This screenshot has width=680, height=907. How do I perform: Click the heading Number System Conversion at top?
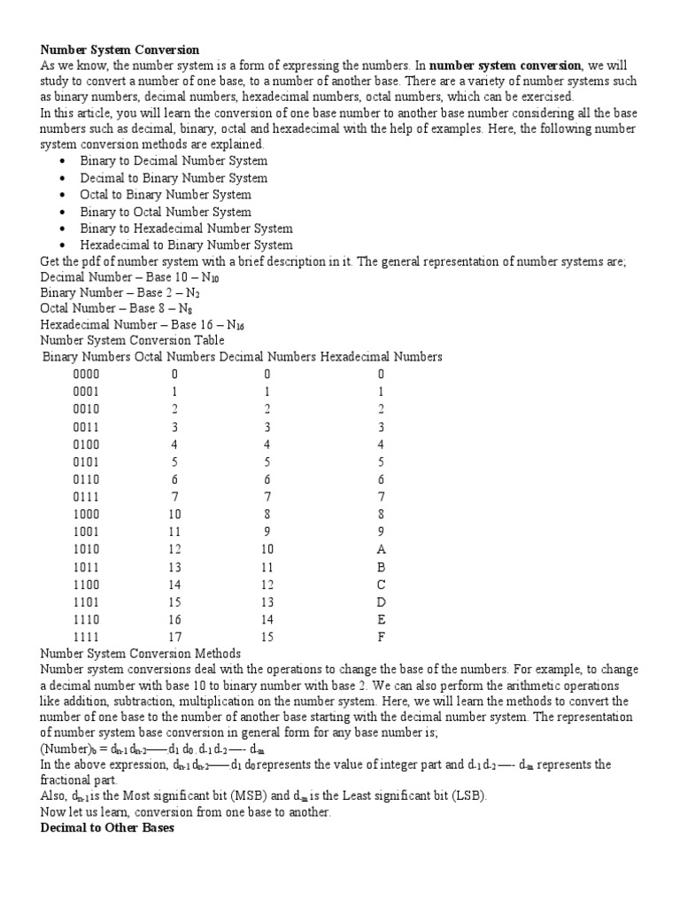120,50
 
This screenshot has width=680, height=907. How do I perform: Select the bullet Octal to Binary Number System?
166,195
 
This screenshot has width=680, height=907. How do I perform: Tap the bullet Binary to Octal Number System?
166,212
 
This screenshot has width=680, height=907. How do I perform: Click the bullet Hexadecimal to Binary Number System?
186,245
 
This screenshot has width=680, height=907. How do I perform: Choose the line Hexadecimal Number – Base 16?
142,324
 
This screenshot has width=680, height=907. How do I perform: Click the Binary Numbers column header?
87,357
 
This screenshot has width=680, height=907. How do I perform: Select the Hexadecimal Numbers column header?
382,357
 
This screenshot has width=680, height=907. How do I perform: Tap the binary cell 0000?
86,375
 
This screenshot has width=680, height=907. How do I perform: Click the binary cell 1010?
86,549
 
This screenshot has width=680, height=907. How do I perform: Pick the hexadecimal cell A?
381,549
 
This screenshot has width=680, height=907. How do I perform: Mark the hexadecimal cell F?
381,636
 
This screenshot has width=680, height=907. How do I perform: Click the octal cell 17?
174,636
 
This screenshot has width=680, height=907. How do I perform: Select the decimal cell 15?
267,636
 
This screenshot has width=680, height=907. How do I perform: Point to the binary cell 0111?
86,497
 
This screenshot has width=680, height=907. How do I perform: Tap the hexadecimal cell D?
381,601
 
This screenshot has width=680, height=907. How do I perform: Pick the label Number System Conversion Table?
133,341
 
